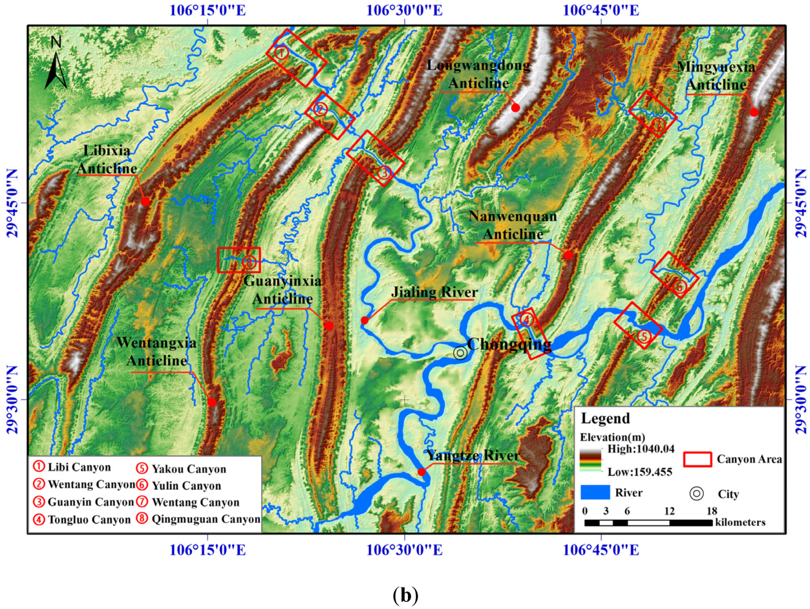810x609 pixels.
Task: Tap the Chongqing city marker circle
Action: click(460, 353)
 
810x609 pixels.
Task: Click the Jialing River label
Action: click(434, 292)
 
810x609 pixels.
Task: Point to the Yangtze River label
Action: click(473, 455)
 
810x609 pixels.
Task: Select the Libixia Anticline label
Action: click(107, 160)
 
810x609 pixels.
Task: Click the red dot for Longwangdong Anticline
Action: click(515, 108)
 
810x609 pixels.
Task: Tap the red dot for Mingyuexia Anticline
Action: click(754, 112)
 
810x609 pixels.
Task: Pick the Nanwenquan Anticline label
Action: click(513, 225)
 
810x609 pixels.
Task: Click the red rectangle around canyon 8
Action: click(239, 260)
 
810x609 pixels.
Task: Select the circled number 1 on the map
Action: click(281, 53)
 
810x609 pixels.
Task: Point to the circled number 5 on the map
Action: click(644, 337)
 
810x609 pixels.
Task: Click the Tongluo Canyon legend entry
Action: click(83, 520)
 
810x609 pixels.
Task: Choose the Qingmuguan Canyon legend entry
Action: click(199, 519)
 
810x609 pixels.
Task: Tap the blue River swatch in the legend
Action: click(595, 492)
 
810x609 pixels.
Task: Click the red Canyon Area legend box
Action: click(697, 459)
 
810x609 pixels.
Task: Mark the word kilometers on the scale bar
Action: click(740, 522)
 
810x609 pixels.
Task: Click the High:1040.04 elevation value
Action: click(641, 449)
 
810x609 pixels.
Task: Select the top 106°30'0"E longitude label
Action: click(404, 10)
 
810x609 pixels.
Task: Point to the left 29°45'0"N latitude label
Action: click(12, 203)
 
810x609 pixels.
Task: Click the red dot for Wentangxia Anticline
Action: click(211, 402)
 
